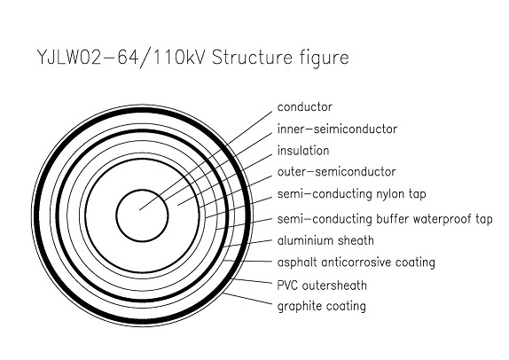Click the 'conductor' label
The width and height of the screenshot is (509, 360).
pyautogui.click(x=305, y=107)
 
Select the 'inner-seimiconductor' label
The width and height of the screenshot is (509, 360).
pyautogui.click(x=337, y=129)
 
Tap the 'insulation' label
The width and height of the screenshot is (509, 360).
pyautogui.click(x=303, y=151)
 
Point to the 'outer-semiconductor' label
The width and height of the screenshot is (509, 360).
pyautogui.click(x=337, y=172)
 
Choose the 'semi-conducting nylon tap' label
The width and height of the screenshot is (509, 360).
pyautogui.click(x=351, y=194)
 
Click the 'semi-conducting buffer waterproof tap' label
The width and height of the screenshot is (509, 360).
pyautogui.click(x=385, y=219)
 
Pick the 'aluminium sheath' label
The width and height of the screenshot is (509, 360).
pyautogui.click(x=325, y=240)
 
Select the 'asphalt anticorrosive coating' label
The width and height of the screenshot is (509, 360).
pyautogui.click(x=356, y=262)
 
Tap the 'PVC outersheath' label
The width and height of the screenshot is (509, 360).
pyautogui.click(x=322, y=286)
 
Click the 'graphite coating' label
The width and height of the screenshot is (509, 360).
pyautogui.click(x=322, y=307)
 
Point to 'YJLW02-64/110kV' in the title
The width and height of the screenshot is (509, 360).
pyautogui.click(x=121, y=59)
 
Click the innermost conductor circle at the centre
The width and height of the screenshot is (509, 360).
pyautogui.click(x=142, y=190)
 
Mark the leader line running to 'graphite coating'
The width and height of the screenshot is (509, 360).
pyautogui.click(x=247, y=298)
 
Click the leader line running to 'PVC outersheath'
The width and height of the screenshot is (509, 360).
pyautogui.click(x=251, y=281)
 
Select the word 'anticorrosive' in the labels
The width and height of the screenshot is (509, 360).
pyautogui.click(x=354, y=262)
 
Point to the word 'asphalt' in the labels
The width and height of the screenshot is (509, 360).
pyautogui.click(x=297, y=262)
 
